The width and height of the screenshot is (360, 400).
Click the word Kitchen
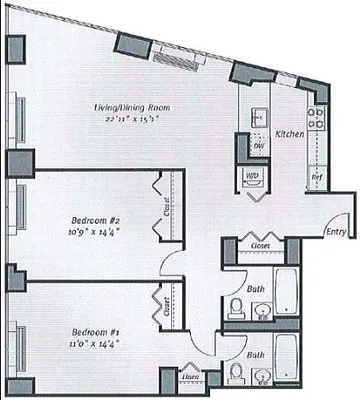click(289, 133)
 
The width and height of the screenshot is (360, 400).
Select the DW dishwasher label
click(256, 145)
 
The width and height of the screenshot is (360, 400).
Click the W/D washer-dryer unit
click(252, 178)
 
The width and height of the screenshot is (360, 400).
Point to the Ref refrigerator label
click(316, 177)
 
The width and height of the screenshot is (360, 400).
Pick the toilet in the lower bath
click(237, 374)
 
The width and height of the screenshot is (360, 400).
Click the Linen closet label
click(191, 377)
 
